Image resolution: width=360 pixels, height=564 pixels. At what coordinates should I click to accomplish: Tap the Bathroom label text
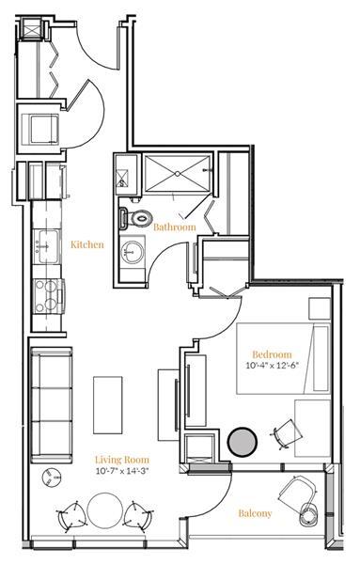coord(175,227)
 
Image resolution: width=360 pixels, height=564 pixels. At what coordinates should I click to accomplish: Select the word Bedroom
coord(270,353)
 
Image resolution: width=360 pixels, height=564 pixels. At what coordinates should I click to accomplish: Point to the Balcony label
coord(255,513)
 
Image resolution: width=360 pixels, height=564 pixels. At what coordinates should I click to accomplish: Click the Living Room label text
coord(118,461)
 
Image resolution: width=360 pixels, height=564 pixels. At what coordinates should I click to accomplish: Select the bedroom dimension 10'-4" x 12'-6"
coord(270,366)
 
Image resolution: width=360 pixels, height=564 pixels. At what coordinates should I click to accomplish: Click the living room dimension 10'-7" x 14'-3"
coord(118,472)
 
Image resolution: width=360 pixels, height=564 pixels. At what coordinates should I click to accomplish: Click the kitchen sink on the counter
coord(44,247)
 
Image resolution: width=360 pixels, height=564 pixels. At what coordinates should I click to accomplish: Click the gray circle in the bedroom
coord(242,441)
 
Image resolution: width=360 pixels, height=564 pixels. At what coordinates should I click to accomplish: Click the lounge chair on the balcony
coord(302,498)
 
